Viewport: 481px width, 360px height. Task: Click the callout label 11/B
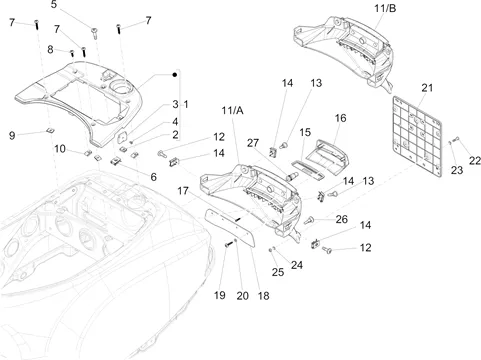coord(385,8)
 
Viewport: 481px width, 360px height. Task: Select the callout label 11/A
coord(232,110)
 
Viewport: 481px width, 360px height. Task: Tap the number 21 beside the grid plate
coord(427,88)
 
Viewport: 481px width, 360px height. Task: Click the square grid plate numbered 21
coord(417,136)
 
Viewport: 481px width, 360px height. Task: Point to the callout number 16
coord(340,118)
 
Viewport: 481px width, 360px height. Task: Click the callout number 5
coord(54,5)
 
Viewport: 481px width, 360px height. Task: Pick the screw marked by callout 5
coord(95,33)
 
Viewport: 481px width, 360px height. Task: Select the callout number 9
coord(12,135)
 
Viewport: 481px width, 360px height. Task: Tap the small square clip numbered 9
coord(51,130)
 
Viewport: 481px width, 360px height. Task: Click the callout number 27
coord(253,143)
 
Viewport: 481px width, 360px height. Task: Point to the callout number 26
coord(342,219)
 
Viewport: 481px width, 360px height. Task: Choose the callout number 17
coord(183,191)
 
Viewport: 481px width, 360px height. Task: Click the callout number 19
coord(219,295)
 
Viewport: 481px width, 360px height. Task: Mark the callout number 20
coord(242,296)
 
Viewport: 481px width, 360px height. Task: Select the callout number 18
coord(263,296)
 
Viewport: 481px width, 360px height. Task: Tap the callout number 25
coord(278,272)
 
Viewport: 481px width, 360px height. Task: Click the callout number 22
coord(475,161)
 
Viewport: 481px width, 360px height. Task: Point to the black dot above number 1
coord(175,75)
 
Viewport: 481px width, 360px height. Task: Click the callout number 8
coord(50,49)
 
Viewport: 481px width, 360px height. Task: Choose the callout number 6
coord(153,177)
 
